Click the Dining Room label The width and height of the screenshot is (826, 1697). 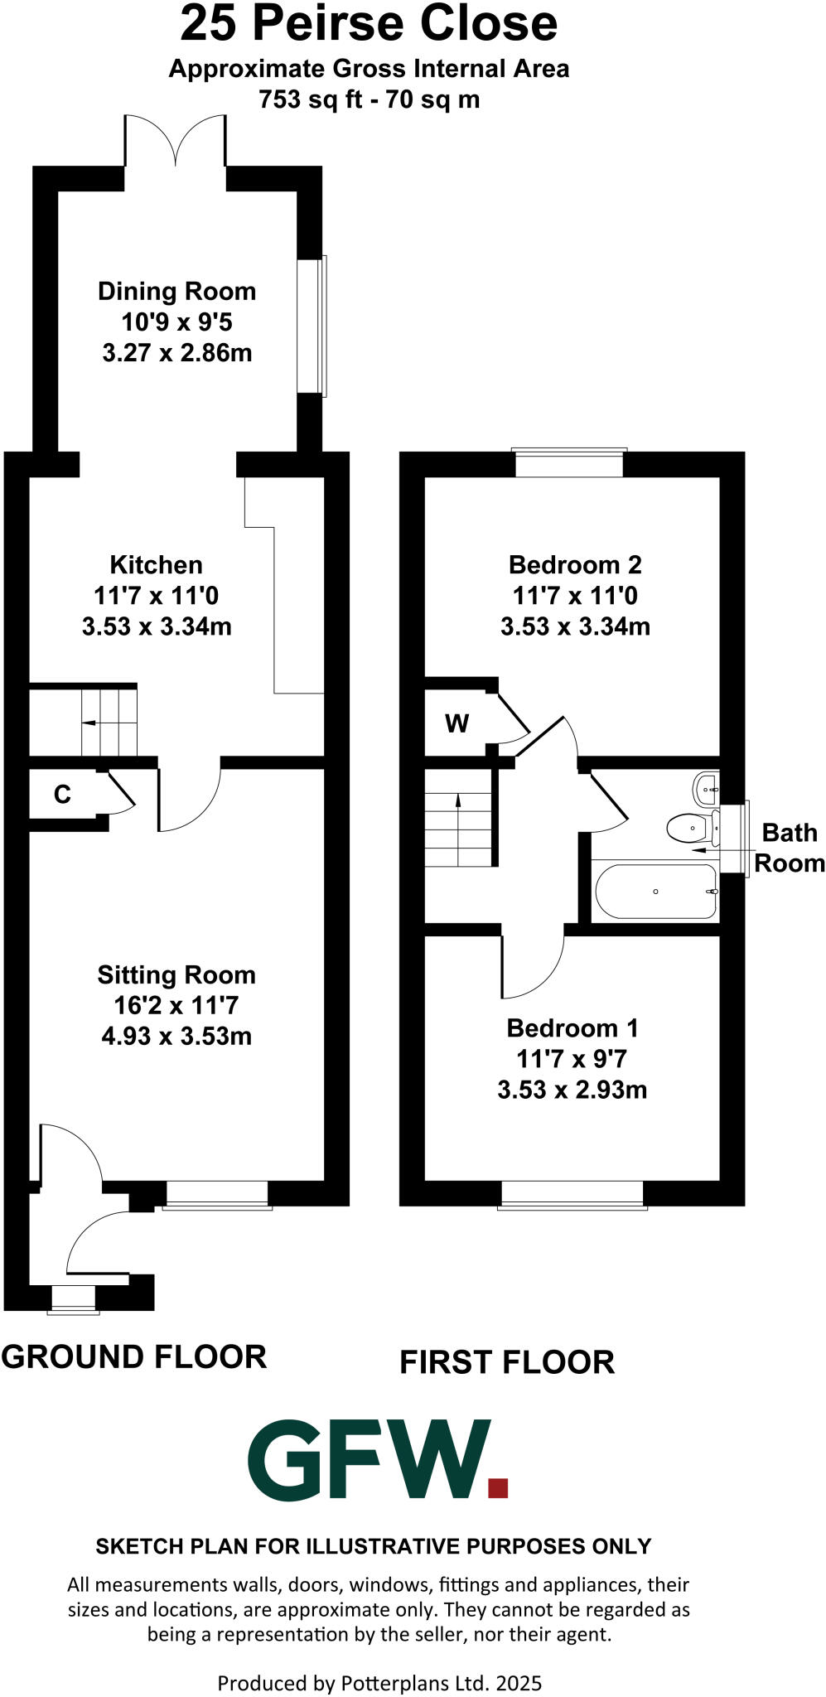point(176,292)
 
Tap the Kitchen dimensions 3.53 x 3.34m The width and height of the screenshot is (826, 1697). point(157,626)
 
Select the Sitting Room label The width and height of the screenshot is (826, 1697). point(176,975)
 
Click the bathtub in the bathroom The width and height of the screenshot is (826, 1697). point(655,892)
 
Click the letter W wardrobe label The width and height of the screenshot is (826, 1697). point(456,723)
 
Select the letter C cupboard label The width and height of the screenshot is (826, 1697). point(62,795)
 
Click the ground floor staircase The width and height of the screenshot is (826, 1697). point(109,722)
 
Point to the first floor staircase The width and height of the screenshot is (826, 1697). point(458,829)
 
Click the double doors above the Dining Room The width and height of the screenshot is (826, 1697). point(176,141)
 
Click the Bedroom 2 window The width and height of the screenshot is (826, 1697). point(568,462)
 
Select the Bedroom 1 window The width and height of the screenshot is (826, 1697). point(572,1194)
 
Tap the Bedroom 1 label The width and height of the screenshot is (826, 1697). point(572,1028)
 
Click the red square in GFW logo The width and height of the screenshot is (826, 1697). point(497,1487)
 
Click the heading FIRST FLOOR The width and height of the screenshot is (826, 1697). point(507,1362)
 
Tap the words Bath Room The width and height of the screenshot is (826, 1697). point(789,848)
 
